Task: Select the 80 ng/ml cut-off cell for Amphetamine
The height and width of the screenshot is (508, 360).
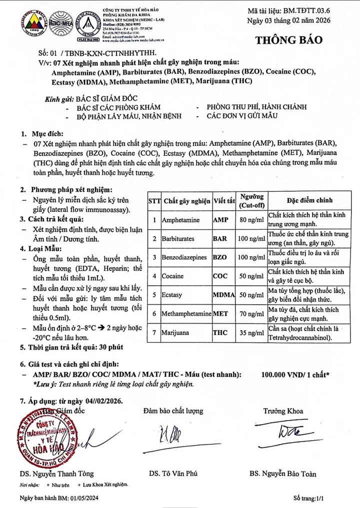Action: (x=250, y=220)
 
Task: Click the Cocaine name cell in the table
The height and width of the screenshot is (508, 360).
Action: (x=172, y=276)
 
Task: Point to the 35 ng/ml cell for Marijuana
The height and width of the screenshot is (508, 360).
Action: (x=250, y=332)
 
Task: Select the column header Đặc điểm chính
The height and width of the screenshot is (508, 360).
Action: (x=309, y=201)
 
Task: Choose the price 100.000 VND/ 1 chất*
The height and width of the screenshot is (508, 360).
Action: (x=295, y=375)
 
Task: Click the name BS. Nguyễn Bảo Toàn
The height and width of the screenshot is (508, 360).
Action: (x=282, y=474)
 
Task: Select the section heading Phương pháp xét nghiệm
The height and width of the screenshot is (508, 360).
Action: (x=69, y=190)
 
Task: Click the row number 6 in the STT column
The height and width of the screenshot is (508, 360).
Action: (x=154, y=314)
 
